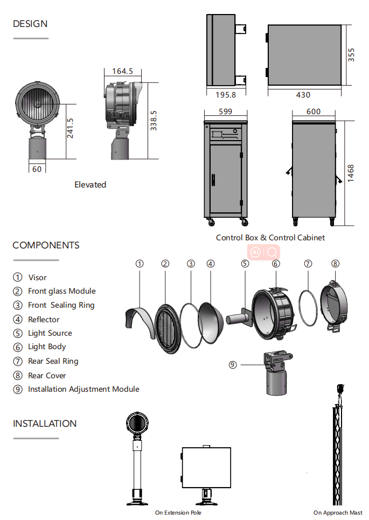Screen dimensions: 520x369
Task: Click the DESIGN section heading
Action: [30, 24]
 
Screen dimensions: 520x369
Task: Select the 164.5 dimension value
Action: [122, 71]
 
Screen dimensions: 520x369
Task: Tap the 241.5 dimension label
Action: [70, 128]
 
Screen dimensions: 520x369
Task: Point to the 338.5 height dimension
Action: [154, 121]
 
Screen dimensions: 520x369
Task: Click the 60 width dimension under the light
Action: [37, 169]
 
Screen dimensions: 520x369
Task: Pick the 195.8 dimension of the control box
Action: [226, 95]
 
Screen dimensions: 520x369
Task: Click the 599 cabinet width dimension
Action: [226, 112]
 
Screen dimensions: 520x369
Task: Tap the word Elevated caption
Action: [90, 185]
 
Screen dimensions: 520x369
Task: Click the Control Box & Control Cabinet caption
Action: [270, 238]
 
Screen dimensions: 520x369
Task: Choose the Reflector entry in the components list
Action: [44, 320]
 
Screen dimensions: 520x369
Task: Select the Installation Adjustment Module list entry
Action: [83, 389]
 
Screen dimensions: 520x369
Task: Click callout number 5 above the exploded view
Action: [245, 264]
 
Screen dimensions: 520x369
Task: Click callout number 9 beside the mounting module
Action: [233, 364]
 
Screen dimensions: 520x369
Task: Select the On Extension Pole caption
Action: [178, 512]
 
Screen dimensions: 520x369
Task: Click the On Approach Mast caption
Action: [338, 512]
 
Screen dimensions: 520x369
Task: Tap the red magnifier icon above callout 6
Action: [272, 252]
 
